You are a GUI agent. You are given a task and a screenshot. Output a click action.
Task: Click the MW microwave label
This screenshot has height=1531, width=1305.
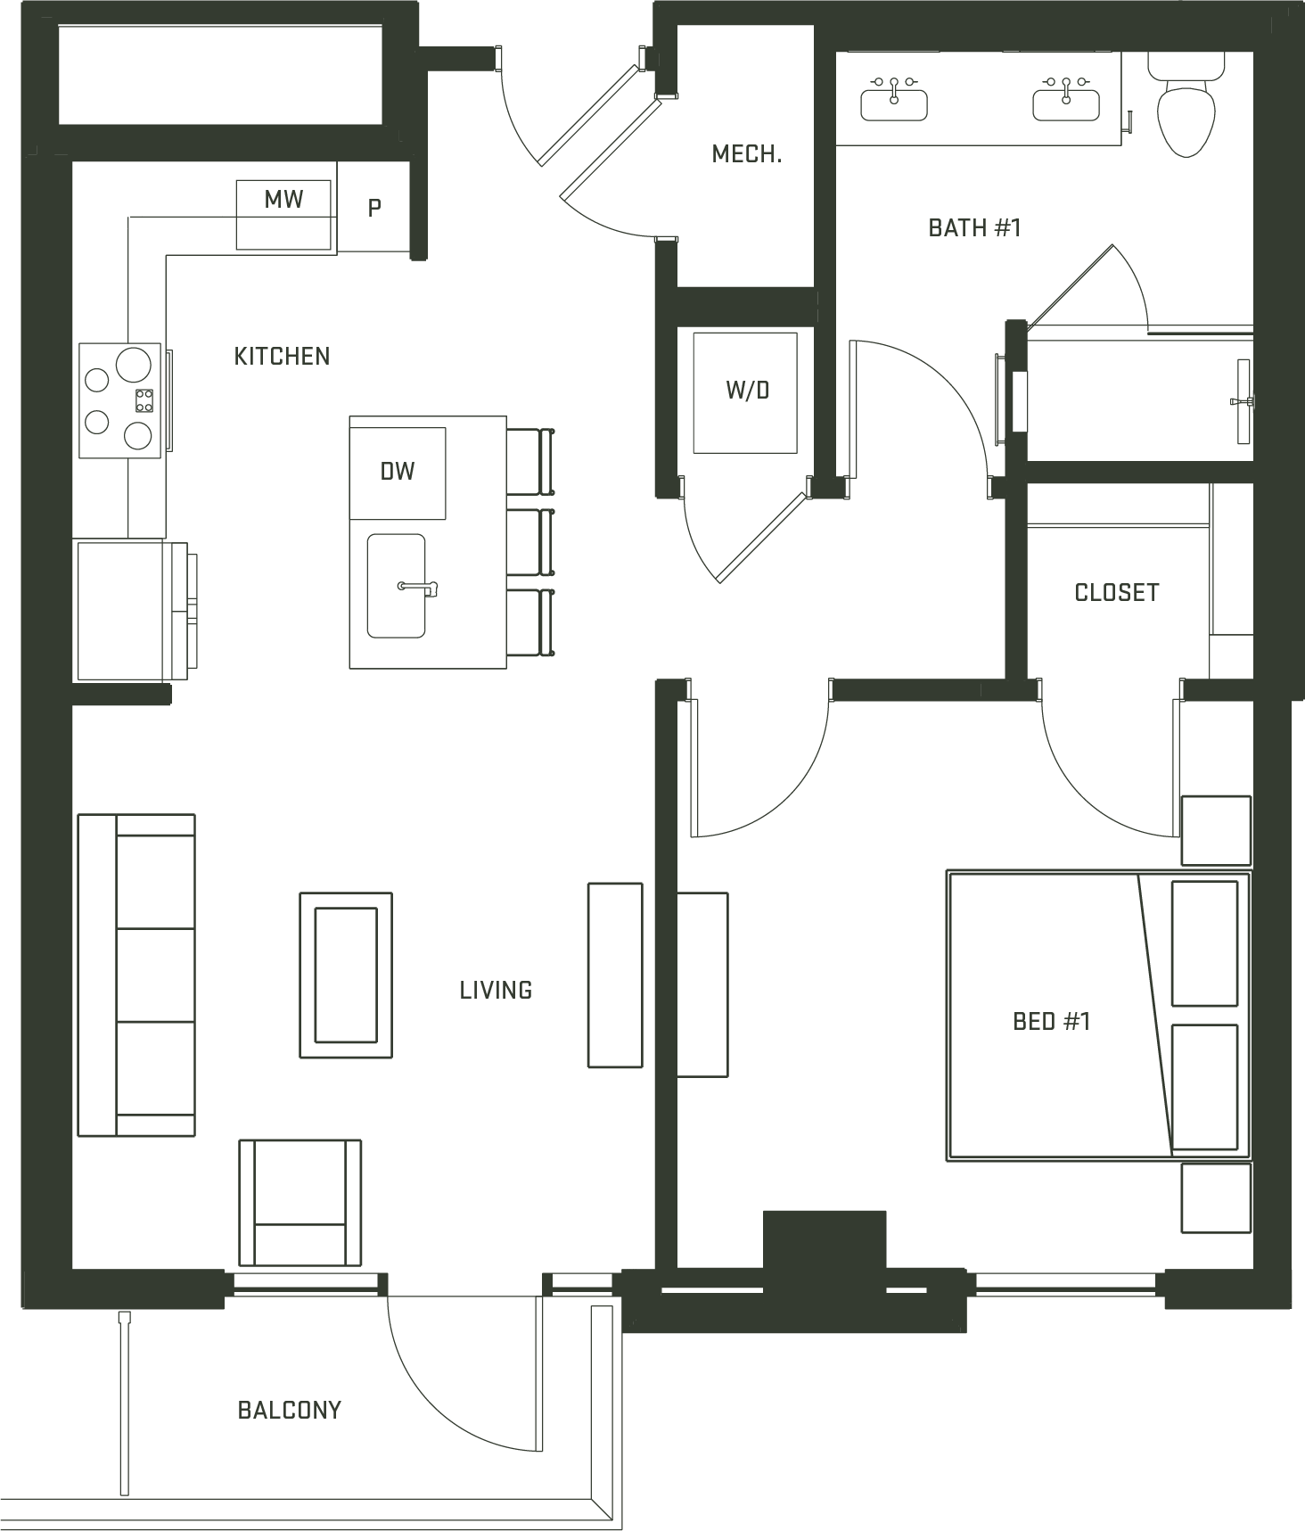283,199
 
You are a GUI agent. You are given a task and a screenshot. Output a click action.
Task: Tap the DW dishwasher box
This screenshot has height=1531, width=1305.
398,473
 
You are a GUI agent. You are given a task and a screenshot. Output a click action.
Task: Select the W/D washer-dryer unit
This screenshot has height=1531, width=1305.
746,392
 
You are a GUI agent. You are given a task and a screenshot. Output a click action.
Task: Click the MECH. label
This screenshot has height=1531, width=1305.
747,154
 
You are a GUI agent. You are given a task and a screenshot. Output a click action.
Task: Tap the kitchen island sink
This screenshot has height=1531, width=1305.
397,586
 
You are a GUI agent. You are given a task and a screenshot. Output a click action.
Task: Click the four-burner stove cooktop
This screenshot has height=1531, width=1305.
120,400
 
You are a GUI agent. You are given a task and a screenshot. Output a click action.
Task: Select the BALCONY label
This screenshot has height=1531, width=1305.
290,1410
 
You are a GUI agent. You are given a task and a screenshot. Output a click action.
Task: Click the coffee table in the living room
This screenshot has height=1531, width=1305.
346,975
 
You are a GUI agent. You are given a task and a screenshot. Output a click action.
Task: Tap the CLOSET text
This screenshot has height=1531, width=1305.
1117,593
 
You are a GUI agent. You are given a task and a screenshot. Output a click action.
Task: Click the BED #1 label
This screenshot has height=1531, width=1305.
1052,1021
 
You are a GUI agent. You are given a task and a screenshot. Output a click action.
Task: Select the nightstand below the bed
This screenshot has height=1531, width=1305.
1216,1198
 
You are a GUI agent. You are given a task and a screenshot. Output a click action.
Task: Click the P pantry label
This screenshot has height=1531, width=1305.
375,209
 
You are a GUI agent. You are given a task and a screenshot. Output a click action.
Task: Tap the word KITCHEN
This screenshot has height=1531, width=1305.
282,357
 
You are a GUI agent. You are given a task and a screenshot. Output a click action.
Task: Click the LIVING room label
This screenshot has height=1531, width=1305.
496,990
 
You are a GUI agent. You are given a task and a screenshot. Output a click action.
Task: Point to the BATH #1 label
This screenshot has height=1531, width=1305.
974,228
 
